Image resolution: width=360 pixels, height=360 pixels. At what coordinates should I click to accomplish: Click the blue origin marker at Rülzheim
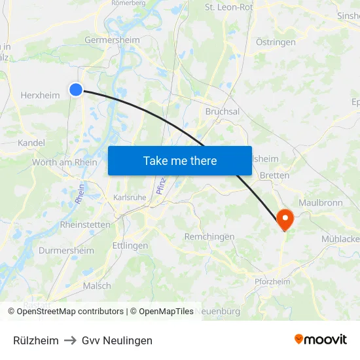coord(76,90)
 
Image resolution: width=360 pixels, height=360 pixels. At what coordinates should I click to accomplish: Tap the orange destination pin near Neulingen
coord(285,219)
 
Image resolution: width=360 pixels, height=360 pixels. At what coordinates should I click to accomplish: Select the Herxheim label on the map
coord(40,95)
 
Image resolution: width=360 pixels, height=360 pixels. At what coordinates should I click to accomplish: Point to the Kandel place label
coord(31,143)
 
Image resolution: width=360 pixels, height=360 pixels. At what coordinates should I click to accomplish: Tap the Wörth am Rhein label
coord(65,162)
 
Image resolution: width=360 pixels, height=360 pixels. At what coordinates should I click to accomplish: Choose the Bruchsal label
coord(223,112)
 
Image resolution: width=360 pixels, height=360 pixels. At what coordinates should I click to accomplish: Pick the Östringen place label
coord(276,42)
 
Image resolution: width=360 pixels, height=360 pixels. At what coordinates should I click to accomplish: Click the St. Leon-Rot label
coord(229,8)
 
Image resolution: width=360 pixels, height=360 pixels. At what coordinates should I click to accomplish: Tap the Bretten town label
coord(274,175)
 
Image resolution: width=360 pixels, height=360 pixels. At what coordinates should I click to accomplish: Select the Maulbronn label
coord(320,203)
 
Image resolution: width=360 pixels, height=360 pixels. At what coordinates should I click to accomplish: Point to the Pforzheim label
coord(272,281)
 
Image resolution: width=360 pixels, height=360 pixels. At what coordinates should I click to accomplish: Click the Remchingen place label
coord(209,236)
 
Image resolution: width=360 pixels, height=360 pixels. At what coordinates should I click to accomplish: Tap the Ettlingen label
coord(130,245)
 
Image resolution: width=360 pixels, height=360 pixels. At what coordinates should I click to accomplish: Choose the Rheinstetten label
coord(85,225)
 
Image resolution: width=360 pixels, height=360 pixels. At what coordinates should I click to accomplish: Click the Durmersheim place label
coord(66,250)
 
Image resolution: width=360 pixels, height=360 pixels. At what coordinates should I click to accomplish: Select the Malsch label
coord(97,285)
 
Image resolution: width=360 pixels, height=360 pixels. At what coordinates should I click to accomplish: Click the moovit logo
coord(321,339)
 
